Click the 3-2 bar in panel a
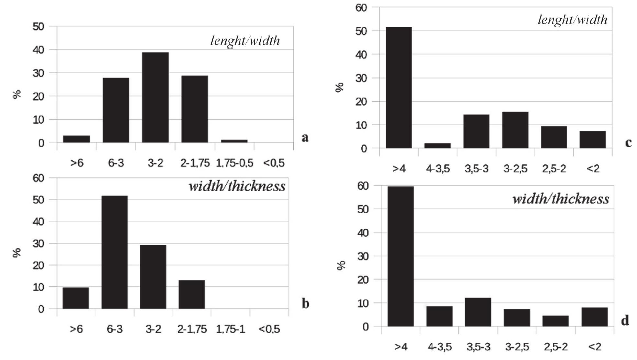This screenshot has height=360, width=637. pos(155,97)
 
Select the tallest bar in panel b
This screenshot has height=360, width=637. pos(115,252)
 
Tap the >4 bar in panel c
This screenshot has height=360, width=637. pos(399,88)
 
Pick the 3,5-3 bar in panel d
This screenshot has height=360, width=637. pos(478,312)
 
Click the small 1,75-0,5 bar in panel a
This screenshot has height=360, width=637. pos(234,141)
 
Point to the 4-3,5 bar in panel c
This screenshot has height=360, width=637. pos(438,146)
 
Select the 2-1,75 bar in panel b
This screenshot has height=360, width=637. pos(192,294)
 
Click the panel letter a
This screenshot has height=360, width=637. pos(305,138)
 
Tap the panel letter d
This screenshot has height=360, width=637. pos(625,321)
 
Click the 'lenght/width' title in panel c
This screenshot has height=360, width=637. pos(572,20)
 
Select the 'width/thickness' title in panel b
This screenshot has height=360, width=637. pos(237,186)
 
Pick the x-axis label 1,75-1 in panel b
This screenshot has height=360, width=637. pos(230,329)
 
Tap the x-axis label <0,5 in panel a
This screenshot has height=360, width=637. pos(274,163)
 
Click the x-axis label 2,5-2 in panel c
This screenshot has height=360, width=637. pos(554,169)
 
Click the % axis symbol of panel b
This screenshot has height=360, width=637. pos(17,253)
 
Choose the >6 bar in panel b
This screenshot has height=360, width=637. pos(76,298)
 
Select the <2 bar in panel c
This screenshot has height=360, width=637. pos(593,140)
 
